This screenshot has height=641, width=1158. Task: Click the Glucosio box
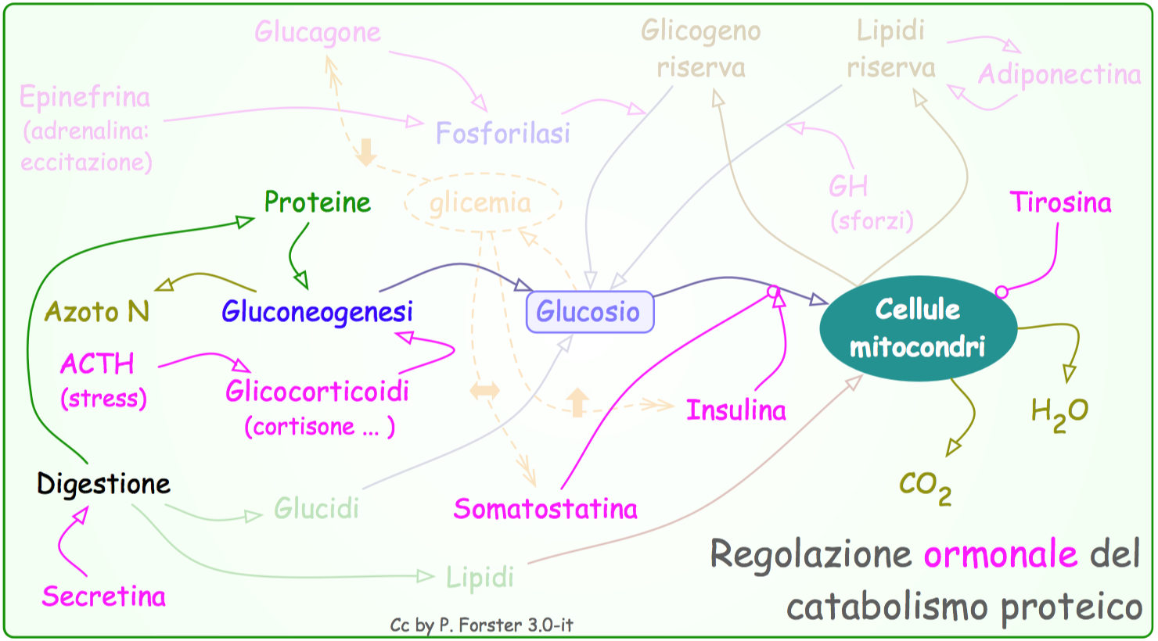[590, 312]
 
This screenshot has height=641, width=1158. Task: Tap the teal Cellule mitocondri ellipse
[918, 328]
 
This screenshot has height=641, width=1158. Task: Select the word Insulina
[735, 410]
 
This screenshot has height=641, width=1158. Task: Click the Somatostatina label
[545, 509]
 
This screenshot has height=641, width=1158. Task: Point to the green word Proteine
[317, 202]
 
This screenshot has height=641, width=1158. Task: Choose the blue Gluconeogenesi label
[317, 312]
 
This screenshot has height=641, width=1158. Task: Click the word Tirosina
[1060, 202]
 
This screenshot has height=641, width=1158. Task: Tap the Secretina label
[104, 596]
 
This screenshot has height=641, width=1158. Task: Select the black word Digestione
[103, 484]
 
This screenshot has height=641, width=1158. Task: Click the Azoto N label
[96, 312]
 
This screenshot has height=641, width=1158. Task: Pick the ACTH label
[97, 364]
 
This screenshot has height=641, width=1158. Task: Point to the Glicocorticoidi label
[317, 391]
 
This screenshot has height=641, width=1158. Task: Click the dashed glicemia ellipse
[482, 203]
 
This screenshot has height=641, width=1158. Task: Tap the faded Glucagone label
[318, 32]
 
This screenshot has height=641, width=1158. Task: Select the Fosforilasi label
[502, 134]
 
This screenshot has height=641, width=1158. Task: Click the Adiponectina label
[1059, 75]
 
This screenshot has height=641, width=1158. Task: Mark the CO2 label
[925, 486]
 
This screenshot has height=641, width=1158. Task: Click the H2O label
[1059, 412]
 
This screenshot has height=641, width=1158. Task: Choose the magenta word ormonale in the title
[1000, 555]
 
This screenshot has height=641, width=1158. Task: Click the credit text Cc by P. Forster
[481, 625]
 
